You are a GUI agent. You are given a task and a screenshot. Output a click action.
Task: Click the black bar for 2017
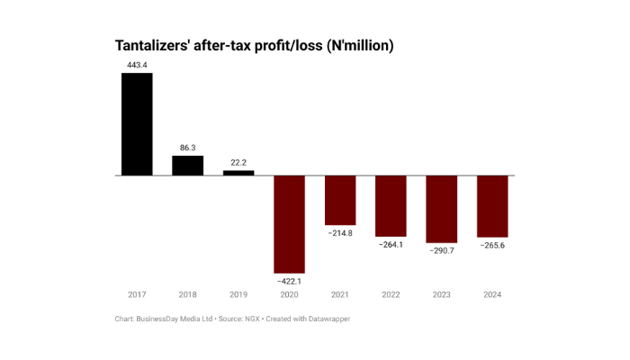coord(137,124)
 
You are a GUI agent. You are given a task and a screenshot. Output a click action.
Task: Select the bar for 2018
coord(188,166)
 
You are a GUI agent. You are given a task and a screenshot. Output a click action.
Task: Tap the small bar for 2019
coord(238,172)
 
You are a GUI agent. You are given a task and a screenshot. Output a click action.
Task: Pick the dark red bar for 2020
coord(289,224)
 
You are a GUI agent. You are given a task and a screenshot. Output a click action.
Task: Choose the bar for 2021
coord(340,200)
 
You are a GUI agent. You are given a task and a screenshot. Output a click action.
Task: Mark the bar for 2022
coord(391,206)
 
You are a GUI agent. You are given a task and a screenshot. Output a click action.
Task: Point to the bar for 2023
coord(442,209)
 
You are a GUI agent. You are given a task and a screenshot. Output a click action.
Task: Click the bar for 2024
coord(492,206)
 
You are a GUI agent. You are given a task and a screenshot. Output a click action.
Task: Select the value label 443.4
coord(137,65)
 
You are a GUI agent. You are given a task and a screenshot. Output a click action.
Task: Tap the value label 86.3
coord(188,147)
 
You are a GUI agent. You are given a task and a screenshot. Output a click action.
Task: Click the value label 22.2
coord(238,162)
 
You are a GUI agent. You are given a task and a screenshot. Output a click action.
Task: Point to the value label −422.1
coord(289,282)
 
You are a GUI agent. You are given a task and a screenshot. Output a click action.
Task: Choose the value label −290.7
coord(442,251)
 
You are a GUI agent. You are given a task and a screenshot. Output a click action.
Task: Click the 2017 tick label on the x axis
coord(137,295)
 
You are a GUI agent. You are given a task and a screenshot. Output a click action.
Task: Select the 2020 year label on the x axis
coord(289,295)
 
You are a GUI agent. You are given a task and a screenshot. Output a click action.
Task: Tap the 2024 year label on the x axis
coord(492,295)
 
